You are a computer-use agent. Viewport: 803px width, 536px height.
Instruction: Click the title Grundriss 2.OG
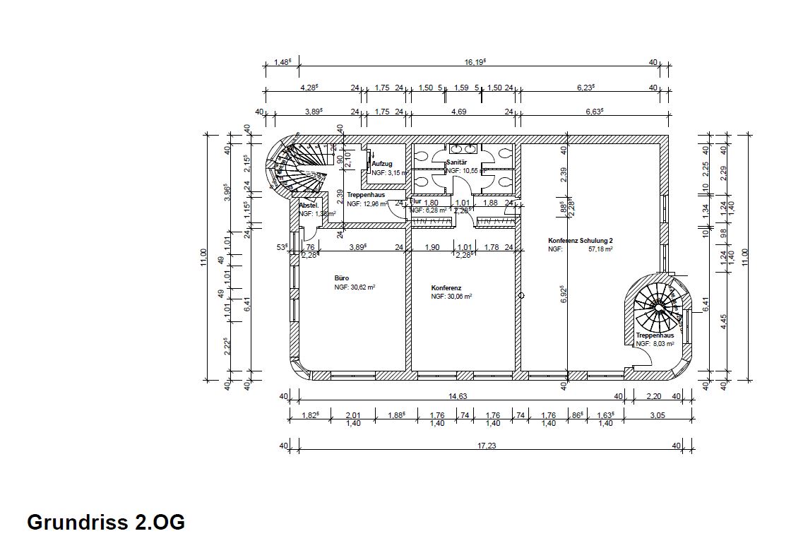pos(106,523)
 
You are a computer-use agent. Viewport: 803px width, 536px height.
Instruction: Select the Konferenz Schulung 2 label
pos(580,240)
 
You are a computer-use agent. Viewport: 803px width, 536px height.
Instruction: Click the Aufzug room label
pos(381,164)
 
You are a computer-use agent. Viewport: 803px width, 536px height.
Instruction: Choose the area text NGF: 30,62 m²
pos(355,288)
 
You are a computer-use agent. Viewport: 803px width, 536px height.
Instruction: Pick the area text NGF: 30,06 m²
pos(451,297)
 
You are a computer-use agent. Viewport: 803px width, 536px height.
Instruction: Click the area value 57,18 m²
pos(600,249)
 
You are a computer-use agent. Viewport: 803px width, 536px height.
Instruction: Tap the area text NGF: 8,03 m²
pos(655,344)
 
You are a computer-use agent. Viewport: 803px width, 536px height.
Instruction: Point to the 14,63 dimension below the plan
pos(457,396)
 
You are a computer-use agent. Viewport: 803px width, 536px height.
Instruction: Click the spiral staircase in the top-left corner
pos(297,165)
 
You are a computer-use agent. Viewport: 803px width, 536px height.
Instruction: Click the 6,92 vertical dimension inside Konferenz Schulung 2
pos(564,295)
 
